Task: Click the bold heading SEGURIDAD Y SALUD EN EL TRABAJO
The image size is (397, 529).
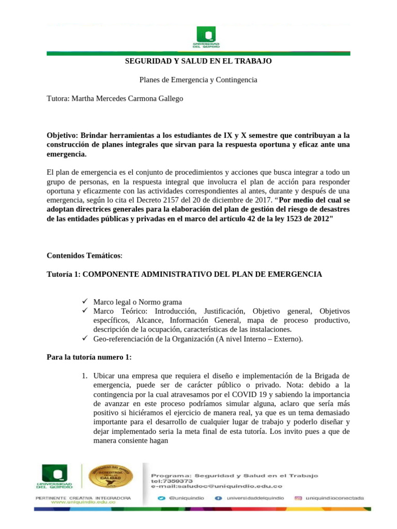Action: (198, 61)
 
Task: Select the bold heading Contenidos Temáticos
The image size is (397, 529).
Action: (84, 255)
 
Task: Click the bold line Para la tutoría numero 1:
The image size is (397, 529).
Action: (89, 357)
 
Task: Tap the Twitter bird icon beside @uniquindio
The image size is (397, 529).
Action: (161, 499)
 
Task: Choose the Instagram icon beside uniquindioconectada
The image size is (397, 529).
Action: (298, 499)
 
